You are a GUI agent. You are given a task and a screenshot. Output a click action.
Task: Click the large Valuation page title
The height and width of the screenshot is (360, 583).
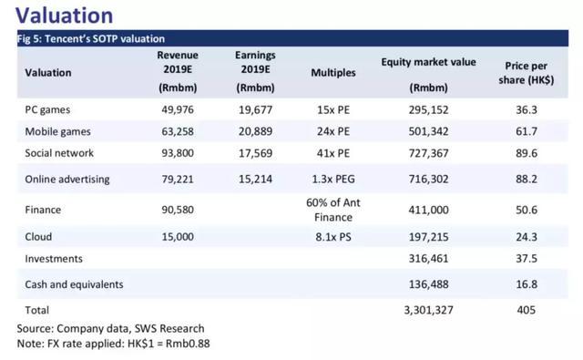(65, 15)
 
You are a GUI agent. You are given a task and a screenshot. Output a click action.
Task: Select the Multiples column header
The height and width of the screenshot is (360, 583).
(333, 73)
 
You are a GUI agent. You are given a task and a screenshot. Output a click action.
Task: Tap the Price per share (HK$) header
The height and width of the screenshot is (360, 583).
(527, 73)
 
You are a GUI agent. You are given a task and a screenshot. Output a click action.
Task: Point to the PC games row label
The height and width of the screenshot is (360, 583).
(47, 110)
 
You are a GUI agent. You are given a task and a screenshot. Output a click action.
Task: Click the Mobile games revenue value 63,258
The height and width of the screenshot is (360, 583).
(178, 131)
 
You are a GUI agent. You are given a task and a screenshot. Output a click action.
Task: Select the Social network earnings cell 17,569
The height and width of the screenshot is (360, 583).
(255, 153)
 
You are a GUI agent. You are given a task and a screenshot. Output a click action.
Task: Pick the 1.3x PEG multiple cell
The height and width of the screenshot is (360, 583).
(333, 180)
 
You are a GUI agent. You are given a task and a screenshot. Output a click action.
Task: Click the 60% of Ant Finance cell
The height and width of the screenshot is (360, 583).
(333, 210)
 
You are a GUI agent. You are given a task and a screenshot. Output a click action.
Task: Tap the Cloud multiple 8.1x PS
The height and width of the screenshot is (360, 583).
(333, 237)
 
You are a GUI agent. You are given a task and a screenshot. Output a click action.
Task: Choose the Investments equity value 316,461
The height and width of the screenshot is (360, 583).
(428, 259)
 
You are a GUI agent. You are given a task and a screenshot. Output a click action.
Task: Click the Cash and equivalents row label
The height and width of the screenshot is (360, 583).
(74, 284)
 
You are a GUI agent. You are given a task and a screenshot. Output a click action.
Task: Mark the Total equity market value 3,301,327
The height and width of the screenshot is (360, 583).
(428, 310)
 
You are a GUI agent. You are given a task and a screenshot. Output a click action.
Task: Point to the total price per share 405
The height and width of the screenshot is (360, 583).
(527, 310)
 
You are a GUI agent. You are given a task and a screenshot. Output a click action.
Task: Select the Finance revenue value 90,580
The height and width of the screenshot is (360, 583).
(178, 210)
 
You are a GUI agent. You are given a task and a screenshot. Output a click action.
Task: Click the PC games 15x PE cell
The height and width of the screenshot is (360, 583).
(333, 110)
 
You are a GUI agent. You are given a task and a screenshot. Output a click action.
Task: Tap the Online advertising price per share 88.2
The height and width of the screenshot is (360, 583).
(527, 180)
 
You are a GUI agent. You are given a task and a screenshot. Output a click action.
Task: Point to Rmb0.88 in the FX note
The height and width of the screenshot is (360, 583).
(188, 344)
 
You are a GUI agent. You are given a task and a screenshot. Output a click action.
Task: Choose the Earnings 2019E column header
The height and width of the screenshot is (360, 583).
(255, 71)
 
